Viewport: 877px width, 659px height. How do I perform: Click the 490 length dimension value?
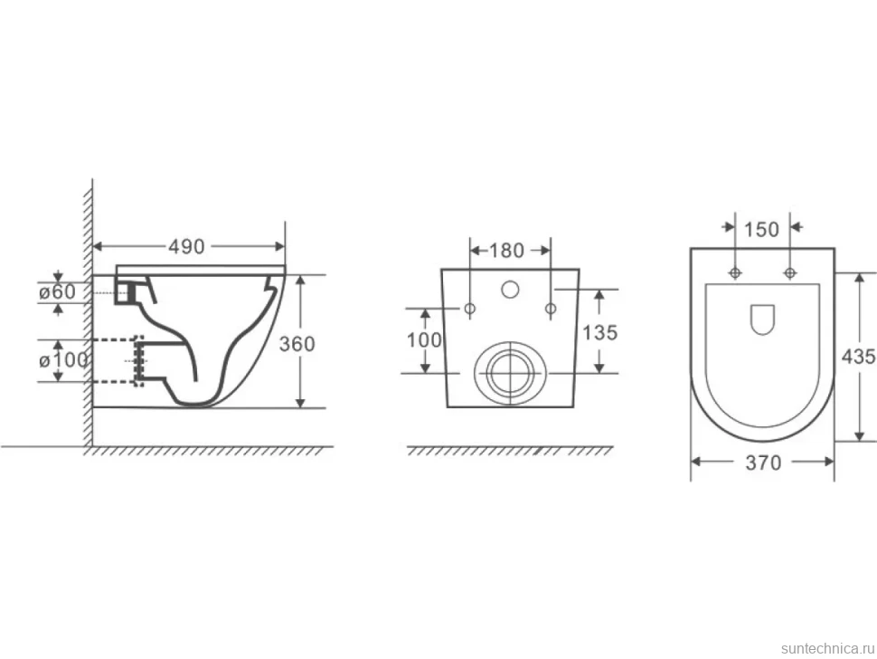186,247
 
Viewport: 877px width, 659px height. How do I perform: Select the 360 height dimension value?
297,343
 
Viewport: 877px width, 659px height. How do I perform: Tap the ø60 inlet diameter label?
57,291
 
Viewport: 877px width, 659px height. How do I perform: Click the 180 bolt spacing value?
506,250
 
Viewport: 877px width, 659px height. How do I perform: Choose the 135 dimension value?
600,332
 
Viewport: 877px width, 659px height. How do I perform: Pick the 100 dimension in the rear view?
424,339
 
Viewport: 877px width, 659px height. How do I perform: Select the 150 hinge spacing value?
762,229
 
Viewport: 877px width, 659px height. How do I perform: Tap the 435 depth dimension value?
859,356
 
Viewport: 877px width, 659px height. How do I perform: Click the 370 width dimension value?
763,463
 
